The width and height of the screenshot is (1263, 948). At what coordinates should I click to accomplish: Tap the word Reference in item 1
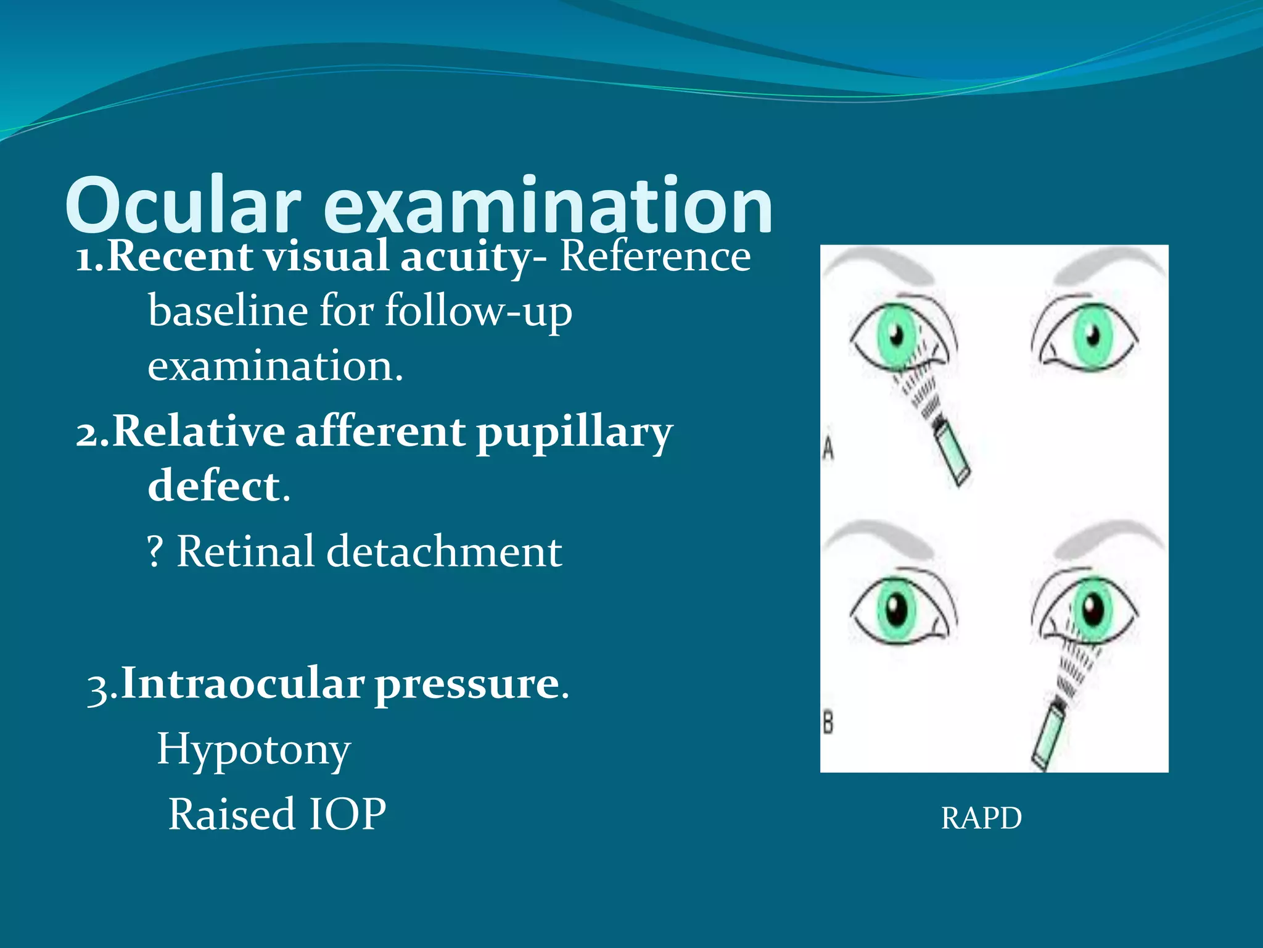coord(655,256)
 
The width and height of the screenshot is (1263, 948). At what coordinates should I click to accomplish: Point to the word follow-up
coord(479,312)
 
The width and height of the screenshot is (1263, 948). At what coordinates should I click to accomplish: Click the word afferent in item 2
coord(380,431)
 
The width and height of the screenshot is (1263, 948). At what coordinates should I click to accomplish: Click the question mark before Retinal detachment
coord(155,551)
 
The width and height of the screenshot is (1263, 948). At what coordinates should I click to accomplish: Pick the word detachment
coord(443,551)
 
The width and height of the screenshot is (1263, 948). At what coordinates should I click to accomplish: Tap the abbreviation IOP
coord(347,814)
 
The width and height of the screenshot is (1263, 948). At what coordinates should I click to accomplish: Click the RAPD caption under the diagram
coord(981,818)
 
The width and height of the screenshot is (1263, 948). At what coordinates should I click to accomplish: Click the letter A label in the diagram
coord(828,448)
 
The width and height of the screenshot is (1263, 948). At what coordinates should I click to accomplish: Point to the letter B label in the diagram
coord(828,721)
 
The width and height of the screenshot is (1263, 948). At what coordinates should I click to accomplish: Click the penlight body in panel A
coord(953,457)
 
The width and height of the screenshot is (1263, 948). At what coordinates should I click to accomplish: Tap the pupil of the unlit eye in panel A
coord(1092,337)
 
